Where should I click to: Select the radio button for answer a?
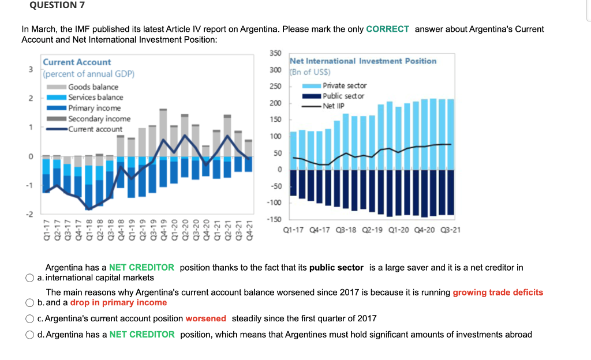click(x=29, y=277)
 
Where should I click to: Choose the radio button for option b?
click(x=29, y=302)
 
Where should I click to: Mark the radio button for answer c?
click(x=29, y=318)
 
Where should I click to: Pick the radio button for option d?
click(x=29, y=335)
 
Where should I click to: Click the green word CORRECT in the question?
click(x=387, y=29)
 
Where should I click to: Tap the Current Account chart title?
click(x=77, y=62)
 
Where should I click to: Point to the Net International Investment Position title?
click(x=363, y=61)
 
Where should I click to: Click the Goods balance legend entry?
click(x=93, y=87)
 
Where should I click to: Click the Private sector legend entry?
click(x=345, y=85)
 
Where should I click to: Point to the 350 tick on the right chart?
click(x=275, y=53)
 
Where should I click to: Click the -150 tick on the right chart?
click(x=274, y=219)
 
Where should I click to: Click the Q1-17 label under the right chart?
click(x=294, y=230)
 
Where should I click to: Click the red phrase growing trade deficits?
click(x=498, y=292)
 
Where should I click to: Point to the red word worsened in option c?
click(x=205, y=318)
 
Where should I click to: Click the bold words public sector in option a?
click(x=336, y=268)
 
